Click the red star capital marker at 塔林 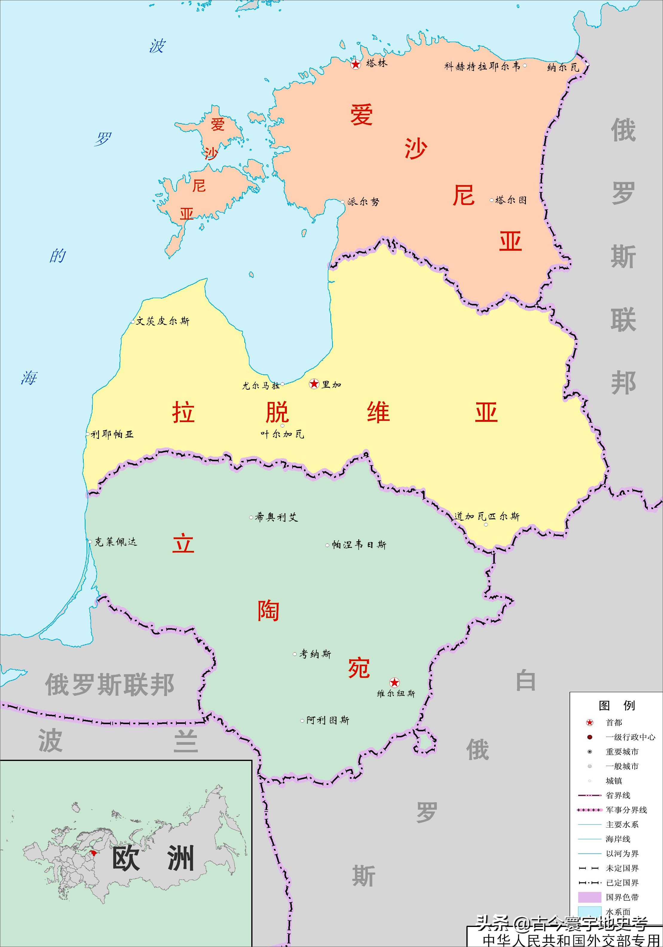(x=356, y=64)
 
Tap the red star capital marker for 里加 (x=314, y=384)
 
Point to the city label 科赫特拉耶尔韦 (x=482, y=66)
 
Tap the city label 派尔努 (x=363, y=202)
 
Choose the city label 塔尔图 (x=511, y=200)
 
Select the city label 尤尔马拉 (x=261, y=386)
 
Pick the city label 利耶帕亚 (x=112, y=434)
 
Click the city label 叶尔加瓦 (x=282, y=434)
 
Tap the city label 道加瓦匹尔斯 (x=487, y=516)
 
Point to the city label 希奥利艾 (x=276, y=517)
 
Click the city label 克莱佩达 (x=115, y=542)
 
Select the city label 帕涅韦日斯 (x=359, y=545)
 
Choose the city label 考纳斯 (x=315, y=654)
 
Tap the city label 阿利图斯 (x=327, y=720)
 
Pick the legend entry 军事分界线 (x=626, y=810)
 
